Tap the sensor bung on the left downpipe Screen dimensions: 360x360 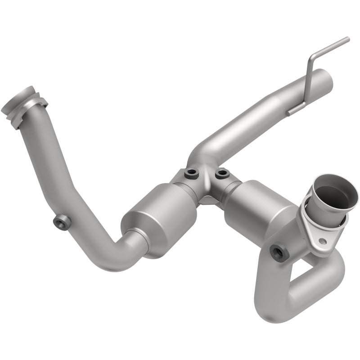pos(62,222)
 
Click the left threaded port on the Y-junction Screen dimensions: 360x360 pos(190,172)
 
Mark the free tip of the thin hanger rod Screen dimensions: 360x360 pos(347,40)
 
